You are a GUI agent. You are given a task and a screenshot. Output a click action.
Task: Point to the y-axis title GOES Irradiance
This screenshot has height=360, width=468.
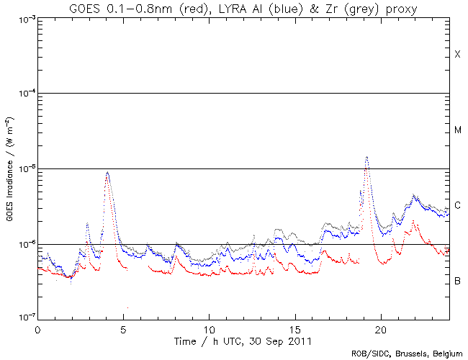9,169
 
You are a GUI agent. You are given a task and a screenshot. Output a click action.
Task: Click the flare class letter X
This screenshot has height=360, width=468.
457,55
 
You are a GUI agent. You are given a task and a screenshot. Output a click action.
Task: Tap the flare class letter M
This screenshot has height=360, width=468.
457,130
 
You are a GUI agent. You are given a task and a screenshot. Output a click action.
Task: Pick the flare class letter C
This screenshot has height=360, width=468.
457,205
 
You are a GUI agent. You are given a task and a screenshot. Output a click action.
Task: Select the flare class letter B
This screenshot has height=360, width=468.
457,280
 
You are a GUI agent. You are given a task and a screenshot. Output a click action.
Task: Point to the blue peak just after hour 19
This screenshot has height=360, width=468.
367,157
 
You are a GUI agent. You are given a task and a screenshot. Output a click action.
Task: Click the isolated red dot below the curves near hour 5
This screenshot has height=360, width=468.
128,307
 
